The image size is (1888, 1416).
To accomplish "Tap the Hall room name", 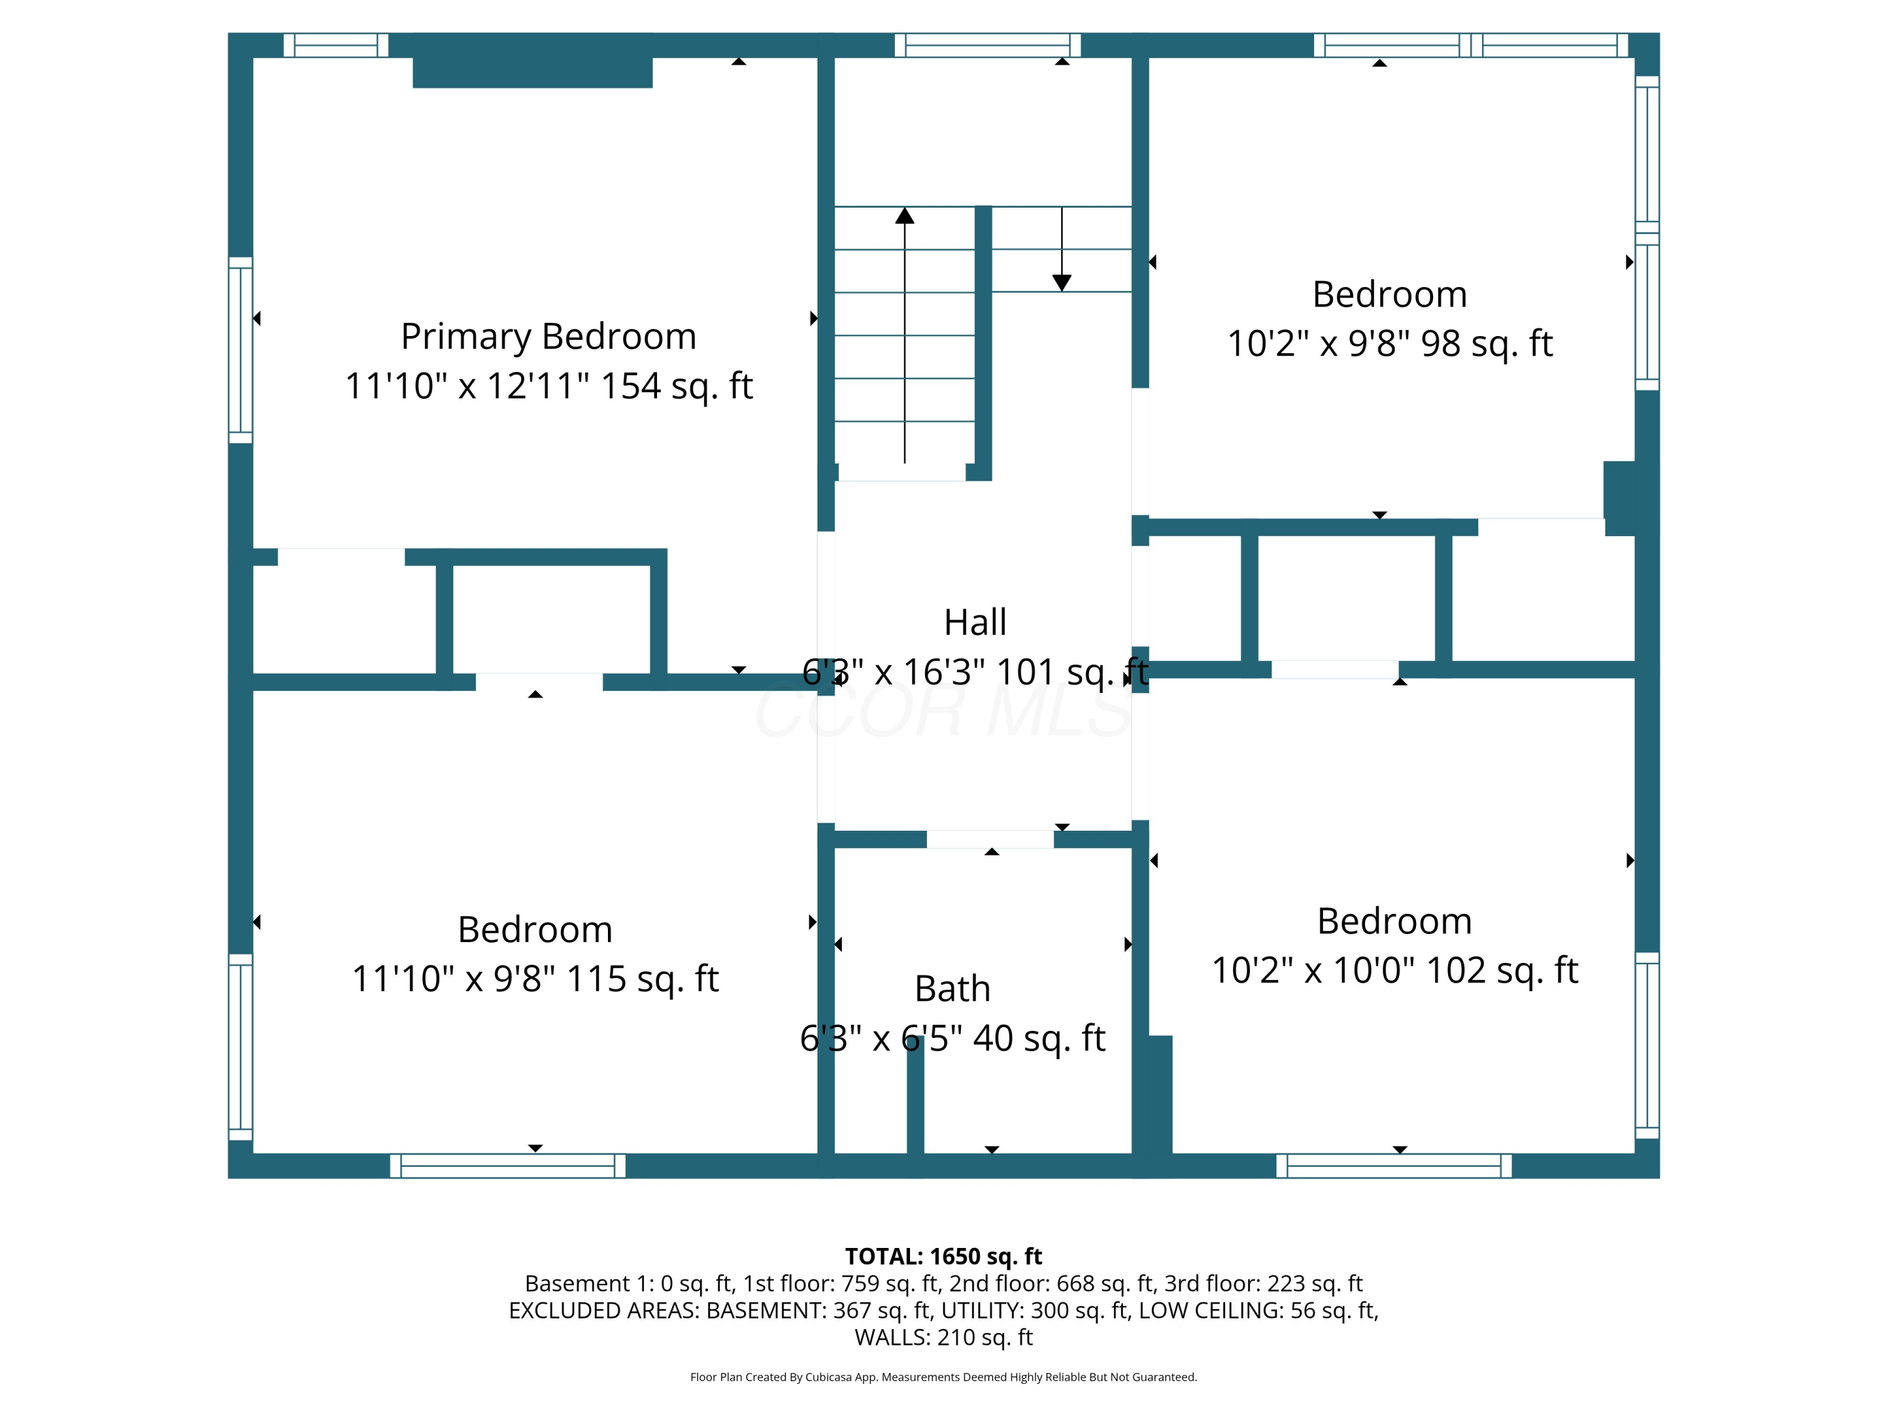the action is pyautogui.click(x=975, y=622).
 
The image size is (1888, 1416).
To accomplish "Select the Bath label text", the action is pyautogui.click(x=953, y=989).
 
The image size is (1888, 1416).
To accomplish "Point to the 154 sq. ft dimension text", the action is pyautogui.click(x=677, y=386).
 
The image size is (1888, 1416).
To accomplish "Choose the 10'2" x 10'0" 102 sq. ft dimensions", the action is pyautogui.click(x=1395, y=970).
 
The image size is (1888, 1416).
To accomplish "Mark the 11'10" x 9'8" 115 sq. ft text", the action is pyautogui.click(x=535, y=979).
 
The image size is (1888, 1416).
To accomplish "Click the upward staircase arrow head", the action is pyautogui.click(x=905, y=215).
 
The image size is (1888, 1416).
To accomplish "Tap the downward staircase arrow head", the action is pyautogui.click(x=1062, y=283).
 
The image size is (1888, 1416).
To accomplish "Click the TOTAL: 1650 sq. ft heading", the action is pyautogui.click(x=943, y=1256).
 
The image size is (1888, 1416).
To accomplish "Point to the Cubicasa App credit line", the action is pyautogui.click(x=943, y=1377).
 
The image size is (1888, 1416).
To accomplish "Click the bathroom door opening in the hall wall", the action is pyautogui.click(x=990, y=839).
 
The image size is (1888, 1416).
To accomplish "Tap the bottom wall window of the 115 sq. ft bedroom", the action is pyautogui.click(x=508, y=1166).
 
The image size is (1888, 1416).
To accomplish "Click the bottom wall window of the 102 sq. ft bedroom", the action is pyautogui.click(x=1394, y=1166).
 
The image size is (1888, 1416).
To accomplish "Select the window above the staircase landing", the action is pyautogui.click(x=987, y=45).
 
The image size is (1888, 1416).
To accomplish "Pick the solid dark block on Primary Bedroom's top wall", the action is pyautogui.click(x=532, y=72).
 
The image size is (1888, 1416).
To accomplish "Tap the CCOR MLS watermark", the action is pyautogui.click(x=943, y=711).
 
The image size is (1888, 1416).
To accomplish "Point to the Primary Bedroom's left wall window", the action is pyautogui.click(x=240, y=350).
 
